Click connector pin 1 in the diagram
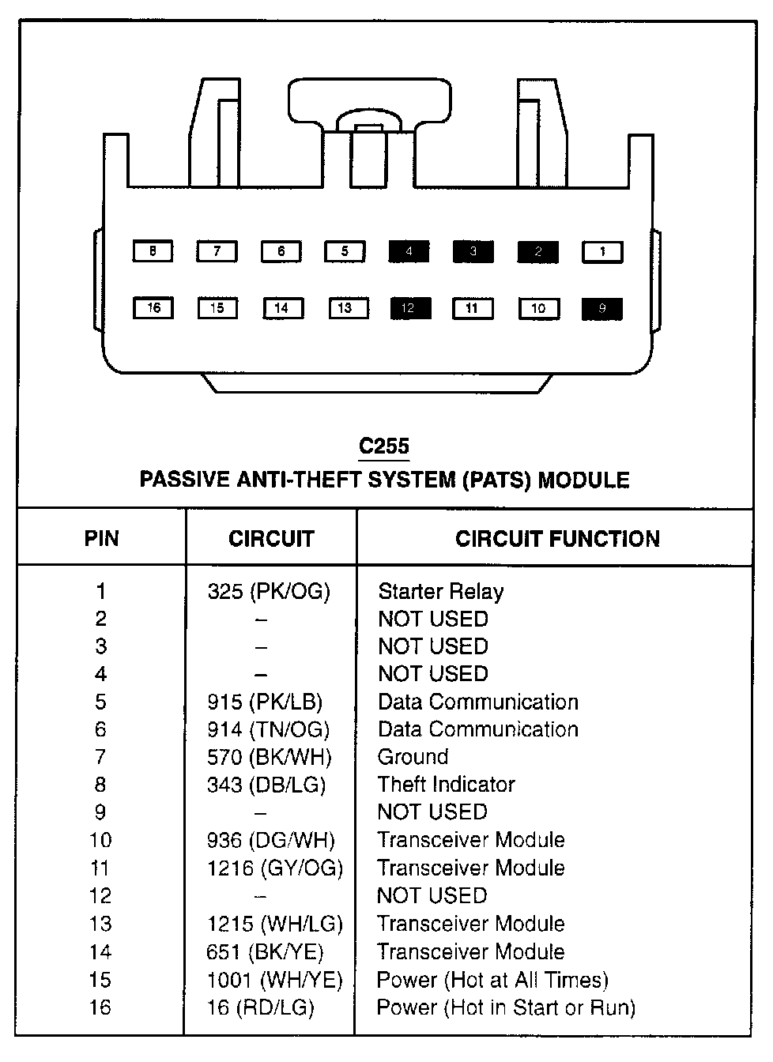(x=602, y=252)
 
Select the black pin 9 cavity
(x=602, y=309)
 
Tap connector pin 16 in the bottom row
(x=153, y=307)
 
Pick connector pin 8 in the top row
(x=153, y=252)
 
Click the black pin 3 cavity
(x=473, y=252)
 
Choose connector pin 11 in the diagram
(x=473, y=308)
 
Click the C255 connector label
(x=384, y=446)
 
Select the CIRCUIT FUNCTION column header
(x=557, y=539)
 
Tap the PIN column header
(x=101, y=539)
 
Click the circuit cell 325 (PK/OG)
(x=269, y=591)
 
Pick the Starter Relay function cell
(x=440, y=591)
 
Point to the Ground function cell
(x=413, y=757)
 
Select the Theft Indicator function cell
(x=446, y=785)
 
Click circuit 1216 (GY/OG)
(x=274, y=868)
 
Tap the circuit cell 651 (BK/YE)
(x=265, y=952)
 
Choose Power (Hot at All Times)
(x=492, y=981)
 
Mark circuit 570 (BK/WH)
(x=269, y=757)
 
